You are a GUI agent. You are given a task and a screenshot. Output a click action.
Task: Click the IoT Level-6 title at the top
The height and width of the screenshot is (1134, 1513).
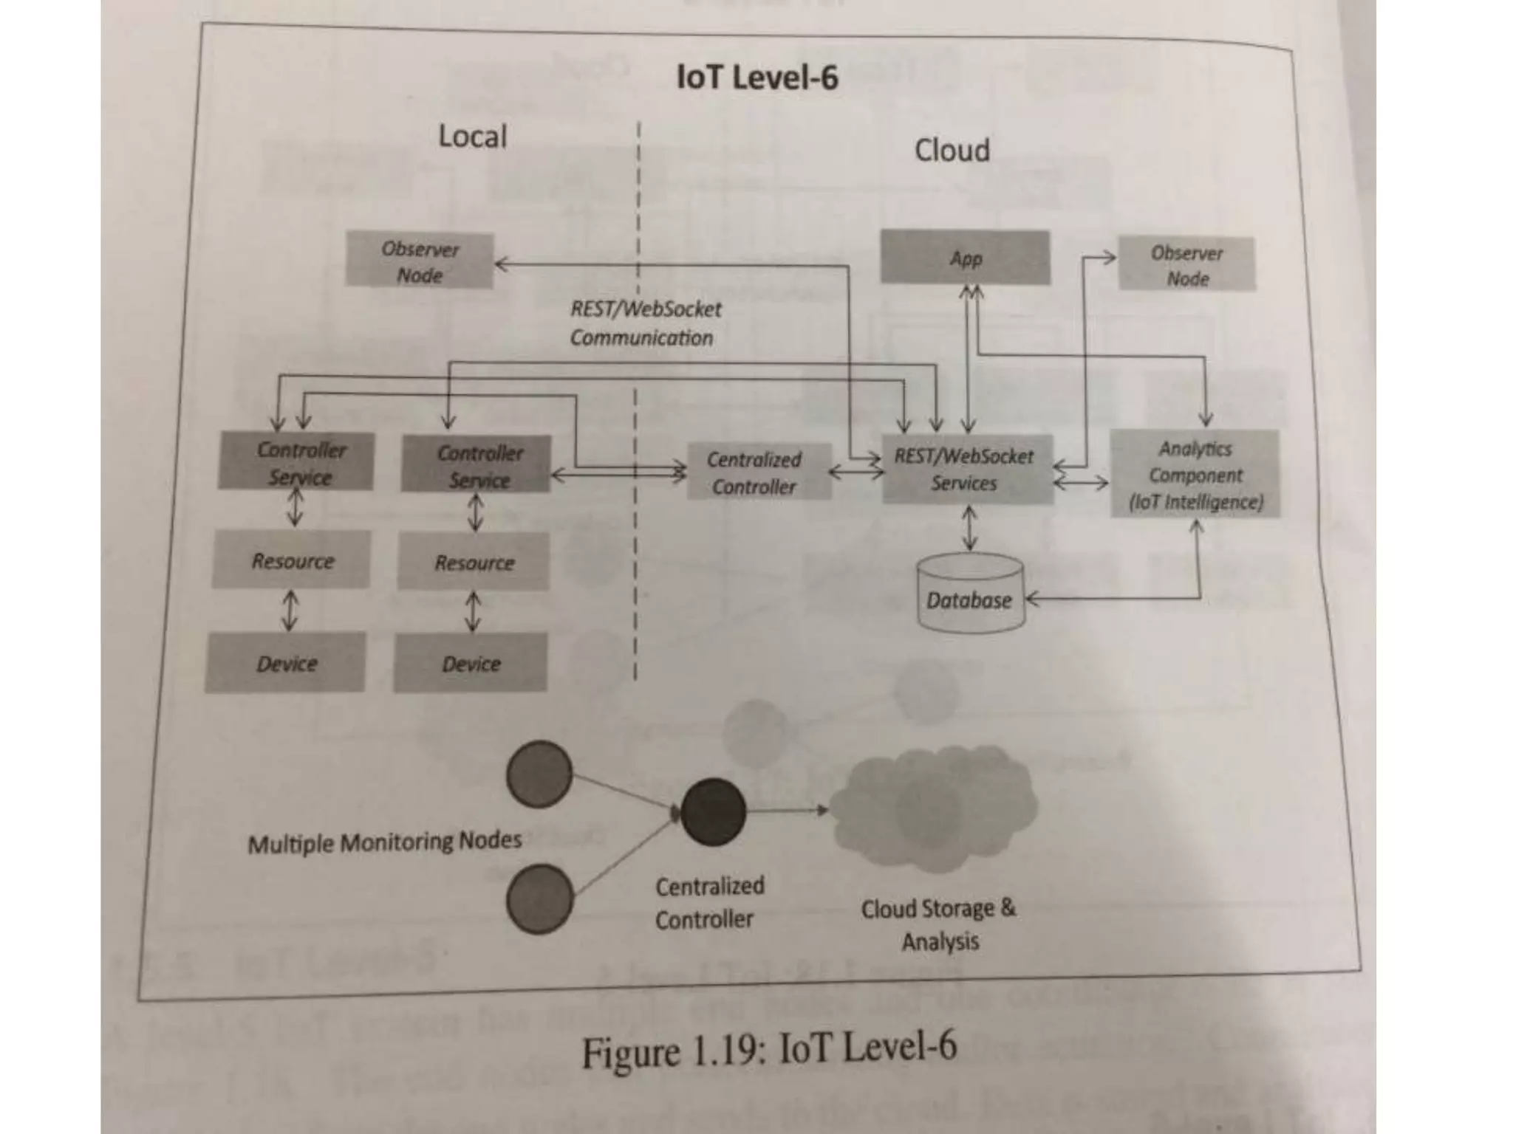click(757, 78)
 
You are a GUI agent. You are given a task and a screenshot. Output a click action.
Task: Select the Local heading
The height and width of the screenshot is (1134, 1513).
click(472, 137)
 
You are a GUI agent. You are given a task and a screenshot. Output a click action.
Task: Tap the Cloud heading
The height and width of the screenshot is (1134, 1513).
click(952, 151)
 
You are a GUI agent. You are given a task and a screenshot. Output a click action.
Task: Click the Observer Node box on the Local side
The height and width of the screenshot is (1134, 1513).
click(420, 261)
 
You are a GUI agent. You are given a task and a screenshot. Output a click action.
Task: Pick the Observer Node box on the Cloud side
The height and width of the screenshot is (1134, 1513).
click(1186, 265)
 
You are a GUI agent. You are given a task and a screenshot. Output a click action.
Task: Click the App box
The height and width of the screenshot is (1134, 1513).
click(965, 258)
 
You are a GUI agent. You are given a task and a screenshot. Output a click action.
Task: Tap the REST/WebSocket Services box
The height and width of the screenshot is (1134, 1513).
click(966, 470)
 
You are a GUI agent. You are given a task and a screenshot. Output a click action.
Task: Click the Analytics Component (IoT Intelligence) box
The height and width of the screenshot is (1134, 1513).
click(1195, 475)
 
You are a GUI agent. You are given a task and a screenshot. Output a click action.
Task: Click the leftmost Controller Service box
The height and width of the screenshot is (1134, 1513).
click(297, 463)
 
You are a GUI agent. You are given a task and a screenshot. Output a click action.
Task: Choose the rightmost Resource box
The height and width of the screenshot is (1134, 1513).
click(474, 563)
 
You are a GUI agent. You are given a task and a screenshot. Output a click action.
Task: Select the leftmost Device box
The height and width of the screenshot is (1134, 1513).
click(285, 663)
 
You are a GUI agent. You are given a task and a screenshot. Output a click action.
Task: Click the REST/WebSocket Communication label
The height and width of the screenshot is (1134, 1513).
click(644, 323)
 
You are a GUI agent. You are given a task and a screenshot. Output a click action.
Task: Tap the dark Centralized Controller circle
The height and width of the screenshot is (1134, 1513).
click(712, 811)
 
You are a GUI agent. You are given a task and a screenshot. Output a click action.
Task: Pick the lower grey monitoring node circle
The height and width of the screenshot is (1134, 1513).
click(540, 898)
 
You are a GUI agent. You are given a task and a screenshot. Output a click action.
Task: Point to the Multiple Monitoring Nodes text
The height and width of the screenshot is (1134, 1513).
click(384, 842)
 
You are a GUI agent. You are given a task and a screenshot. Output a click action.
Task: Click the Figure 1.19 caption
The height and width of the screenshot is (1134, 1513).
click(768, 1050)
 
